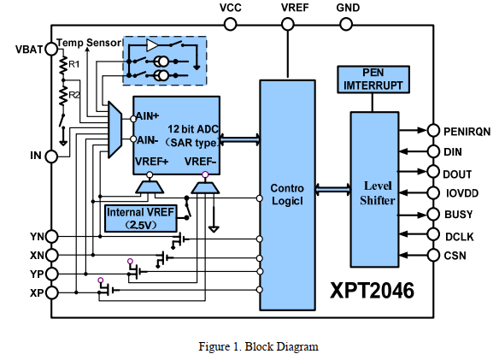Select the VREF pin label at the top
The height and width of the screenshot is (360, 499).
click(x=296, y=8)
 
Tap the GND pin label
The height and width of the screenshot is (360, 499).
click(x=348, y=8)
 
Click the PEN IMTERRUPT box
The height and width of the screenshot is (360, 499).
click(x=374, y=80)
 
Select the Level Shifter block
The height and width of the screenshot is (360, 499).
click(x=378, y=188)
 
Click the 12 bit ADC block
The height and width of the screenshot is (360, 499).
click(x=174, y=135)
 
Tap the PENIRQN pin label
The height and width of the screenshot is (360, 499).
click(x=467, y=132)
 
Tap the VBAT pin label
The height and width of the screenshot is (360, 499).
click(x=27, y=49)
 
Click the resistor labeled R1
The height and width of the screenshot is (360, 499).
click(x=62, y=65)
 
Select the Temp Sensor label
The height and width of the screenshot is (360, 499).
click(x=89, y=42)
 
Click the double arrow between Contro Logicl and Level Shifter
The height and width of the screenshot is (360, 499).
click(x=332, y=188)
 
